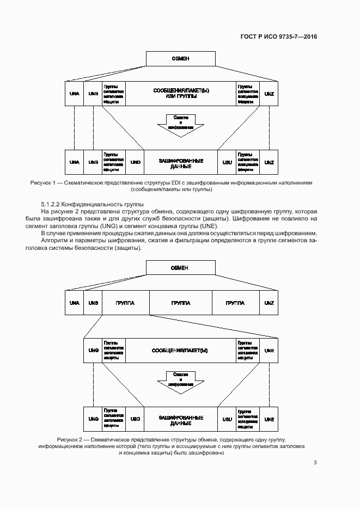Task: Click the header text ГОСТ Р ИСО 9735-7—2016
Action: click(278, 37)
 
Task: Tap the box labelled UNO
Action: click(136, 162)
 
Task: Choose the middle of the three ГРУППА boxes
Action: click(180, 303)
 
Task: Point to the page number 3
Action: click(315, 463)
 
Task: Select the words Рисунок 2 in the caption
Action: click(69, 439)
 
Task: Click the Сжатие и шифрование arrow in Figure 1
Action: click(181, 124)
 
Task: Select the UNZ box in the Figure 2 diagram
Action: click(269, 303)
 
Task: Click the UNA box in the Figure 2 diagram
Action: click(75, 303)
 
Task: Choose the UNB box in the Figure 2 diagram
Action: click(93, 303)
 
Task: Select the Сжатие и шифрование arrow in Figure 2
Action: click(181, 380)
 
